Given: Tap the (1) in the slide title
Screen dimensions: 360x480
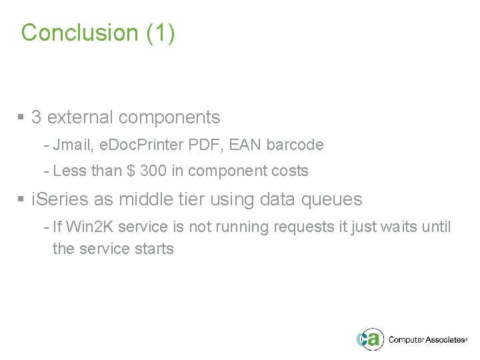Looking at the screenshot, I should pos(160,33).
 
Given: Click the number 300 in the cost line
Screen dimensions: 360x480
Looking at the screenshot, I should pos(155,171).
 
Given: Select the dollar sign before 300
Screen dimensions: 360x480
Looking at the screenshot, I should pos(133,171).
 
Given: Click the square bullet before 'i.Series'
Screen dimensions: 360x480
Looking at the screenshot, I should pos(21,198).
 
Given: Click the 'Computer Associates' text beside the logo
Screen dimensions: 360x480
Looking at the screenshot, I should pos(425,339).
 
